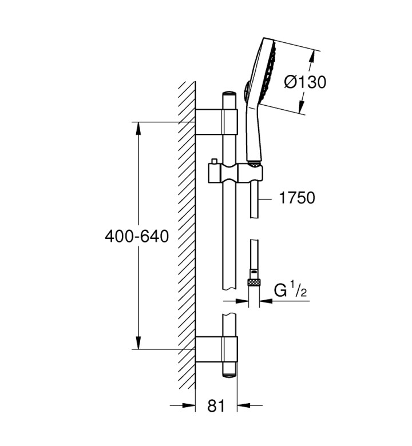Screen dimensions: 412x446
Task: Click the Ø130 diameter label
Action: pos(305,82)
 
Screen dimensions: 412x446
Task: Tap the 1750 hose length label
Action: pos(297,198)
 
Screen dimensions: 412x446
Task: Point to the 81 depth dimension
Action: pos(216,405)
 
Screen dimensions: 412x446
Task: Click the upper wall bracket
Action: pos(216,121)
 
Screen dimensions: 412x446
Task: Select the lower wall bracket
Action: pos(216,349)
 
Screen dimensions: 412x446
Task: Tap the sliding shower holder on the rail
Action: pos(235,173)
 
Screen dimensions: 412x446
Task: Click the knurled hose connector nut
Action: pos(253,282)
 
